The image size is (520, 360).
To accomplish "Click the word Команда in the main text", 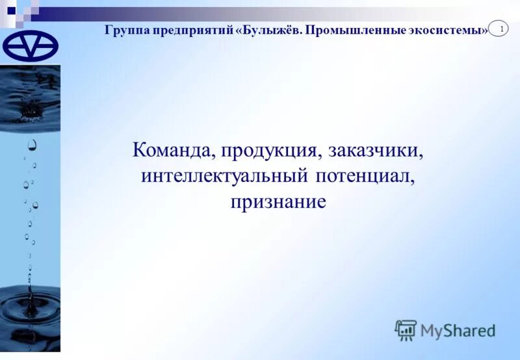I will (x=172, y=151).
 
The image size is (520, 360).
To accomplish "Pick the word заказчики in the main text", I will (x=376, y=151).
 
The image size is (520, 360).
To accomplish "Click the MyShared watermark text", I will (x=458, y=330).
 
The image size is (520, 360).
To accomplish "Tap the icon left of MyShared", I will (x=406, y=329).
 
